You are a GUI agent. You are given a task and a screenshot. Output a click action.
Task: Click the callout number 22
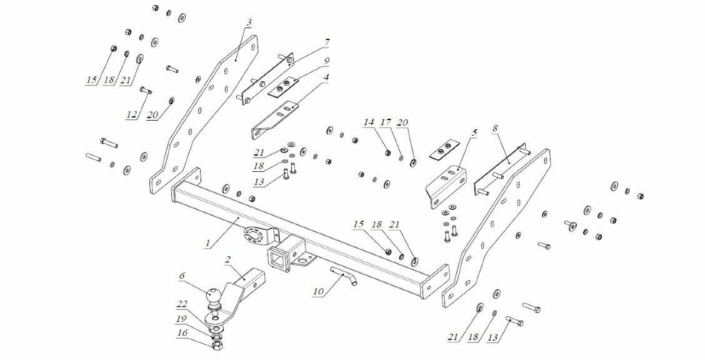point(182,304)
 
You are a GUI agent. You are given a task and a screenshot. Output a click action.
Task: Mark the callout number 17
point(385,122)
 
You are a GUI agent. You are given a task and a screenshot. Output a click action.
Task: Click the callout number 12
point(132,115)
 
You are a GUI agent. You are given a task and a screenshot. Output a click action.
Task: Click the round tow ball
point(214,296)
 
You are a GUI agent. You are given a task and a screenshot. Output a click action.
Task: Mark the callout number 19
point(182,319)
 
